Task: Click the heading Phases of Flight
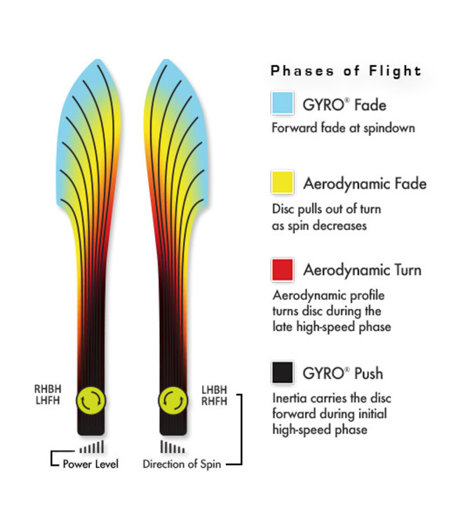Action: click(x=346, y=71)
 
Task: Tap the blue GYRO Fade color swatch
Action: click(x=282, y=103)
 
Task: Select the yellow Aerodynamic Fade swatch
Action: click(x=282, y=183)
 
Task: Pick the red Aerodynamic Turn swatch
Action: click(x=282, y=269)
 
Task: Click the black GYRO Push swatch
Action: click(x=282, y=372)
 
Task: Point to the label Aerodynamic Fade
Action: click(x=365, y=184)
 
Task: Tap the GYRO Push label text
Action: click(x=342, y=372)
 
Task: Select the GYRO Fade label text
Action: click(x=344, y=105)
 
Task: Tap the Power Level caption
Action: click(x=90, y=464)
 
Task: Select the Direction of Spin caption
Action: click(x=182, y=464)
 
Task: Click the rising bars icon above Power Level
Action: click(x=92, y=447)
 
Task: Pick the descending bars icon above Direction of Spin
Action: click(x=173, y=447)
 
